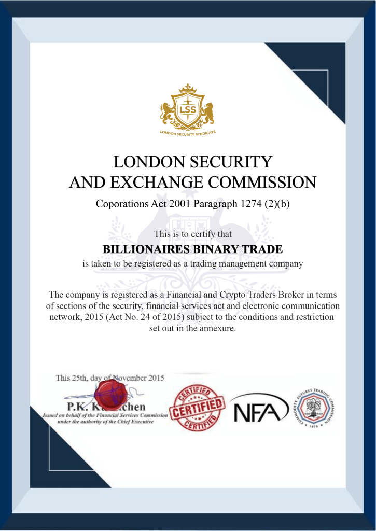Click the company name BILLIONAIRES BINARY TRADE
pos(192,249)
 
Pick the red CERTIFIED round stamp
pos(199,408)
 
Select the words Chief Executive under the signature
pos(132,422)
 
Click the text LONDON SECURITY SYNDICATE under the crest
pos(187,133)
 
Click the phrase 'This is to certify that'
pos(193,234)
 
